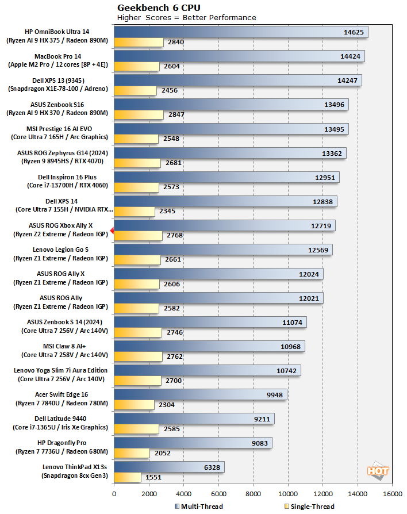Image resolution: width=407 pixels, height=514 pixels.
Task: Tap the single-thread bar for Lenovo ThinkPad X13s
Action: click(127, 477)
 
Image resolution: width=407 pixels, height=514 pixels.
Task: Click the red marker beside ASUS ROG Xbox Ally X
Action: click(112, 230)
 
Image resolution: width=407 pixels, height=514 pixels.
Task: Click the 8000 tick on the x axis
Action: click(254, 493)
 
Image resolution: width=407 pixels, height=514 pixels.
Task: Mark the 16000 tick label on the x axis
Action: click(393, 493)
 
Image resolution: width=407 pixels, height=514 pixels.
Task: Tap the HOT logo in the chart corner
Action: click(378, 471)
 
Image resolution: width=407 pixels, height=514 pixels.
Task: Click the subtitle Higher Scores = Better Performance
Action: click(187, 18)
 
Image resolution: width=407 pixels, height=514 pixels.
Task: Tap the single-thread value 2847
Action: click(172, 115)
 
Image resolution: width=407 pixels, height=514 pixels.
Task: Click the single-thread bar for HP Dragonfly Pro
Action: click(132, 453)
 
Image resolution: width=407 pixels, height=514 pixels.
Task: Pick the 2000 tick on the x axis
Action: click(149, 493)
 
